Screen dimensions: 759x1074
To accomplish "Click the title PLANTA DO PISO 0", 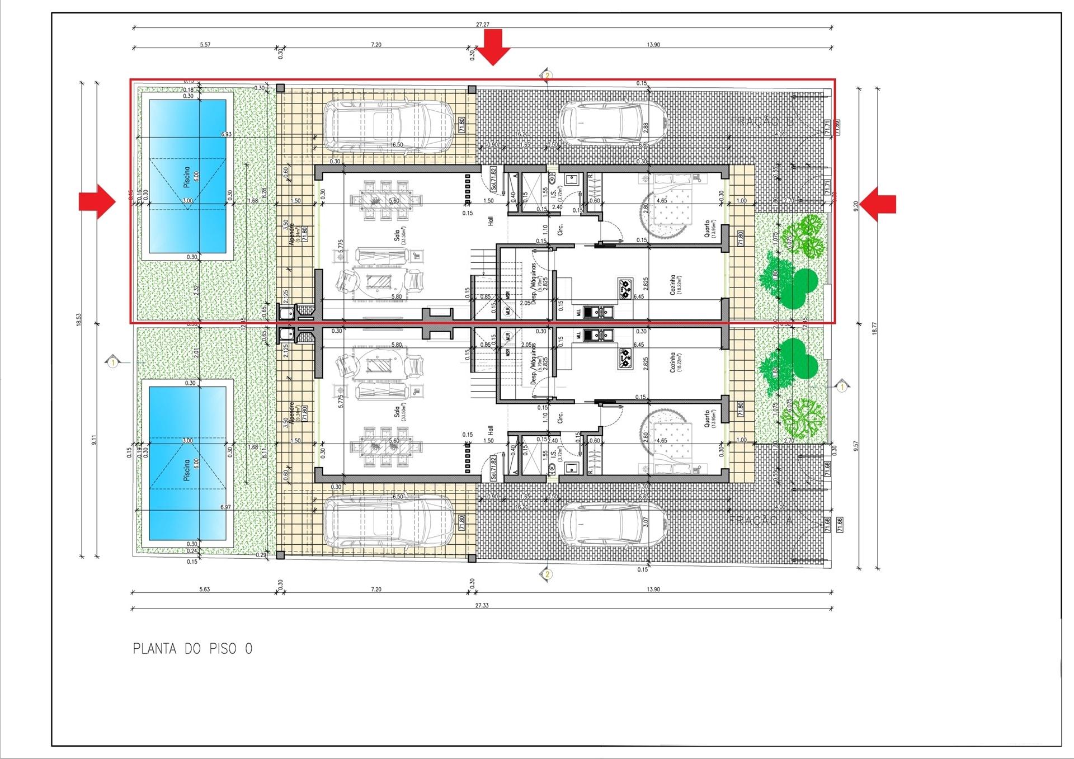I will [192, 649].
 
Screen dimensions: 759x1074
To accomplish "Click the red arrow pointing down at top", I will [493, 47].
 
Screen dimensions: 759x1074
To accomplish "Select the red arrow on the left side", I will [97, 201].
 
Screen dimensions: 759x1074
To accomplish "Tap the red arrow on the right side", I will [878, 204].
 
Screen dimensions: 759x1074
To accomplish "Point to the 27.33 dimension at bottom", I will [481, 605].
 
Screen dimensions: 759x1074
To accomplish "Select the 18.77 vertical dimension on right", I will [874, 328].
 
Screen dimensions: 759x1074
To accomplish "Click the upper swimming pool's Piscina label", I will [187, 177].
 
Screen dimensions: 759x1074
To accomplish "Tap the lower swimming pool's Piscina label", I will [187, 470].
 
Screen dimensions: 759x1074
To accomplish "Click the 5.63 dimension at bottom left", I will [205, 589].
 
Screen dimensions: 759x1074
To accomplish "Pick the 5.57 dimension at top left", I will [205, 44].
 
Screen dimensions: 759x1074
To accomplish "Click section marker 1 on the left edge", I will [113, 363].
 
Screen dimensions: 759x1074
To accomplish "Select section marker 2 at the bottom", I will [547, 574].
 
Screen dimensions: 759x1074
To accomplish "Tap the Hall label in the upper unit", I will [491, 221].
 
